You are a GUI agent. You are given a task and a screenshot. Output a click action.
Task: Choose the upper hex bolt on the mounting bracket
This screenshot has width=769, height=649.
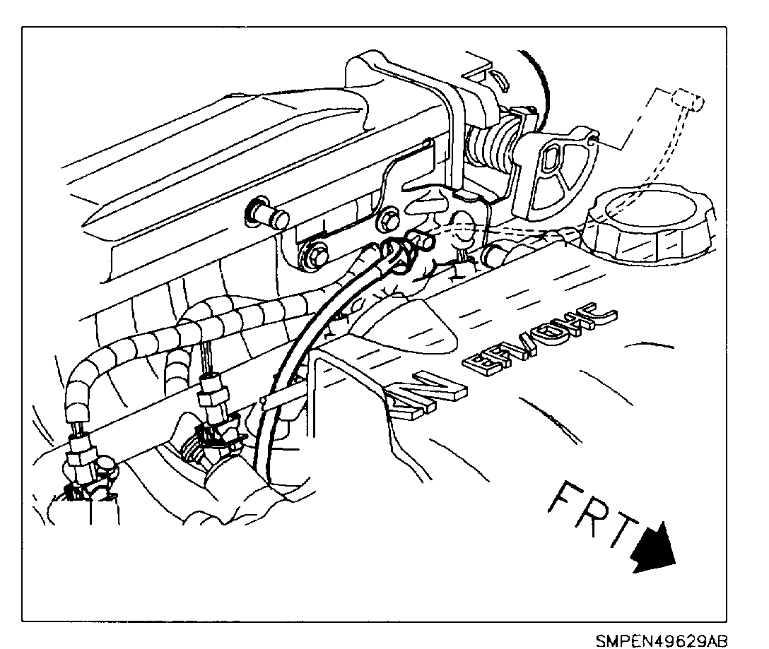[387, 220]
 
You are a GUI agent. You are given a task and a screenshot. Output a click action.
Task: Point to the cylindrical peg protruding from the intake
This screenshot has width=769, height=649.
[265, 215]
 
